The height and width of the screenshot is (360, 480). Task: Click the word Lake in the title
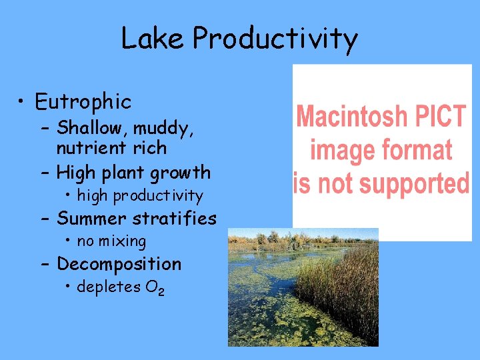pyautogui.click(x=153, y=38)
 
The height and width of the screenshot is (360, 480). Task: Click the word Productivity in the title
pyautogui.click(x=275, y=39)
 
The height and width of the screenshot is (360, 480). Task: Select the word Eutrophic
pyautogui.click(x=83, y=102)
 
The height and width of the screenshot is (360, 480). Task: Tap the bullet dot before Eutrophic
pyautogui.click(x=23, y=103)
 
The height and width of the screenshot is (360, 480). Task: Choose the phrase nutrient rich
pyautogui.click(x=111, y=147)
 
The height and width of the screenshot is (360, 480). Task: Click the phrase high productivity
pyautogui.click(x=139, y=196)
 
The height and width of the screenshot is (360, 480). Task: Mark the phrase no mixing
pyautogui.click(x=111, y=241)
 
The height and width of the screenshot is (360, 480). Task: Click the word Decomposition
pyautogui.click(x=119, y=265)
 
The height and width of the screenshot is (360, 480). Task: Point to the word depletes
pyautogui.click(x=106, y=287)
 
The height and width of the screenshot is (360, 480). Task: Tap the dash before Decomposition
pyautogui.click(x=45, y=264)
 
